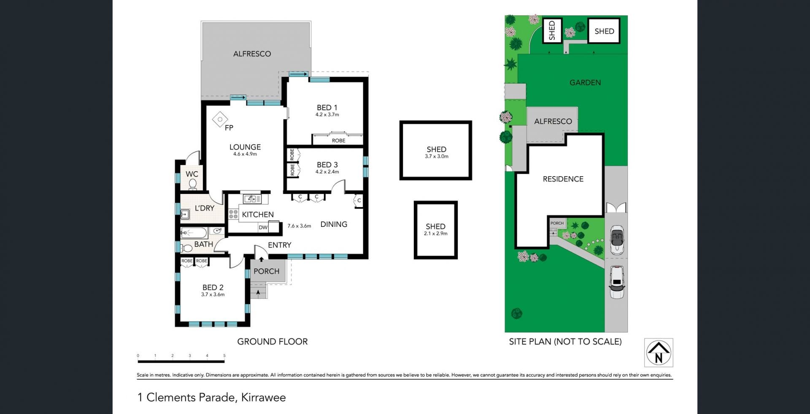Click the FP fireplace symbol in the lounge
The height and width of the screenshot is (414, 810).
tap(220, 119)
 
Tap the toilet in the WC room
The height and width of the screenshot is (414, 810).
tap(192, 185)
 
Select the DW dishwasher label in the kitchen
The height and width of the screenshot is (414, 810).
tap(263, 227)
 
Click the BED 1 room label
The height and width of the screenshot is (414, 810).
tap(327, 108)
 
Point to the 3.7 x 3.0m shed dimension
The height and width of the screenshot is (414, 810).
tap(437, 156)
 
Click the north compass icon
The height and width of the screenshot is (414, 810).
tap(659, 353)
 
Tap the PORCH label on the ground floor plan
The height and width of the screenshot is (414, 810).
tap(266, 271)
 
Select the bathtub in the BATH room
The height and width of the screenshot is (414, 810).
tap(194, 232)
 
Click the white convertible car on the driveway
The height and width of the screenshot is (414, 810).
tap(617, 240)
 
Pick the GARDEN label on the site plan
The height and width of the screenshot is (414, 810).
tap(585, 82)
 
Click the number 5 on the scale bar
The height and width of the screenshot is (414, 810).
tap(224, 356)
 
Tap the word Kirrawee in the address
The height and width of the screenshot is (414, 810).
tap(263, 398)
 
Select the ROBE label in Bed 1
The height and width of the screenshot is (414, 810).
tap(338, 141)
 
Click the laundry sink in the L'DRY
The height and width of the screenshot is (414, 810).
tap(184, 215)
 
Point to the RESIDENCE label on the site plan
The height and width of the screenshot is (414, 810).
tap(563, 179)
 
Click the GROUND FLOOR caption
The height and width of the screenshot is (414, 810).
tap(273, 341)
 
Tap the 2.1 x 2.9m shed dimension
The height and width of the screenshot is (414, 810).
tap(436, 234)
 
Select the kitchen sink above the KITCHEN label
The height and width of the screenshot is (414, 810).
tap(252, 199)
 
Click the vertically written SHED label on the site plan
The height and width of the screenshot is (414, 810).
tap(552, 30)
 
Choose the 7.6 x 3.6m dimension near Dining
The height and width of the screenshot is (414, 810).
tap(299, 226)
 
